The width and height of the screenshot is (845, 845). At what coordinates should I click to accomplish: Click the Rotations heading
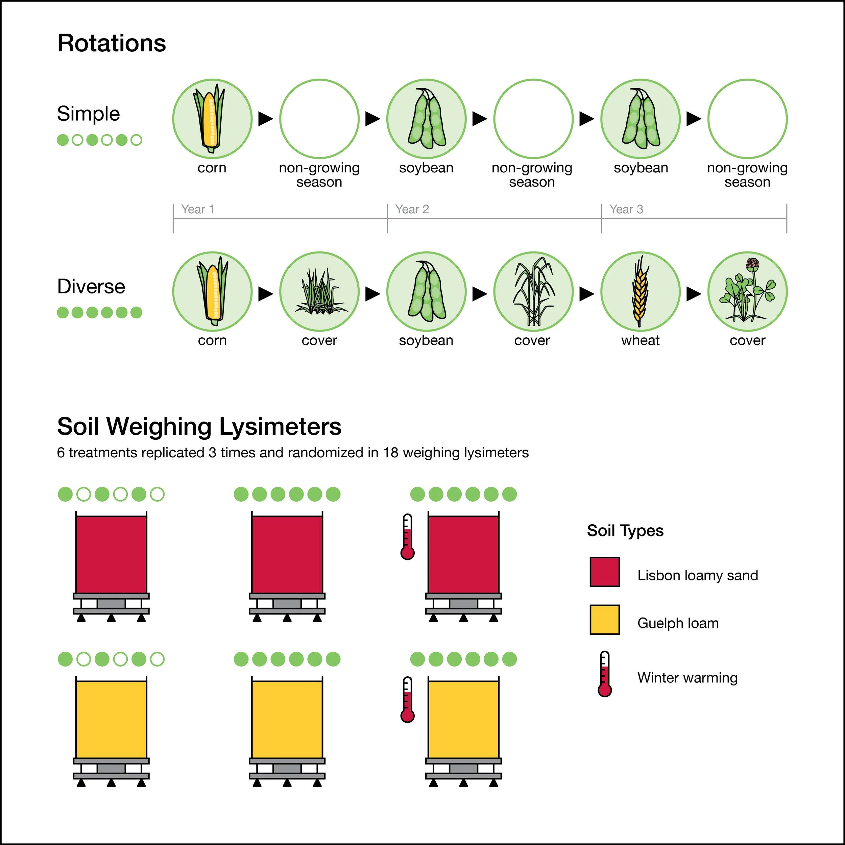[x=112, y=43]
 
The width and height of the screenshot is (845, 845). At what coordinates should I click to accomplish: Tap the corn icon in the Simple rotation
[x=212, y=119]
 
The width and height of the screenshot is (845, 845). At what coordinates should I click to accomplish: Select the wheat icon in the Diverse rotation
[x=640, y=291]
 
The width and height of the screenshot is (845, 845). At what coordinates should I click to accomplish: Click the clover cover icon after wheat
[x=747, y=291]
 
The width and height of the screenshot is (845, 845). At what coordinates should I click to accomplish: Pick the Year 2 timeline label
[x=412, y=210]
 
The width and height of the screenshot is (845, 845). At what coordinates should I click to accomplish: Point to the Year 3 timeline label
[x=626, y=210]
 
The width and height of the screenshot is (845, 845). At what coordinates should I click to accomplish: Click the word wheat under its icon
[x=640, y=340]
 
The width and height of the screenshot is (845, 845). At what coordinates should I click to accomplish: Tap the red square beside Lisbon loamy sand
[x=604, y=572]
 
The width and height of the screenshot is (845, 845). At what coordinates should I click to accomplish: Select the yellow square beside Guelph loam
[x=604, y=619]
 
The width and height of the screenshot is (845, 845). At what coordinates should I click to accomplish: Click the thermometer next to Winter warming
[x=604, y=674]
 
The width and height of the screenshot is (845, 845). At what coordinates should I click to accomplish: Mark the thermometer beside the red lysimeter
[x=407, y=537]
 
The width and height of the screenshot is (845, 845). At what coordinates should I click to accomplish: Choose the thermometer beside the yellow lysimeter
[x=407, y=700]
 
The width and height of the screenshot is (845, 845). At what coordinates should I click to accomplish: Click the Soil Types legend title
[x=625, y=531]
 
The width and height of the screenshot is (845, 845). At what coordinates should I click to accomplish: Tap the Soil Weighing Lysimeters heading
[x=199, y=427]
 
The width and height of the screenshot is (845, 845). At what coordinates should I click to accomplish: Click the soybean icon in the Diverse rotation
[x=427, y=291]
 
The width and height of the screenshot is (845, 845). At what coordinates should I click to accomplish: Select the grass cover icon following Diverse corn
[x=319, y=291]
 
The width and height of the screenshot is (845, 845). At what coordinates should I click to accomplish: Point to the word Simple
[x=88, y=114]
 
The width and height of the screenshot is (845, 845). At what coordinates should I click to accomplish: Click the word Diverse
[x=91, y=287]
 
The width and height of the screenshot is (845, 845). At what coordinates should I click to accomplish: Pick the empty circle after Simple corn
[x=319, y=119]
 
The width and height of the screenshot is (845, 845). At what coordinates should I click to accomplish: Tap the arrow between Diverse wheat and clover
[x=693, y=294]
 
